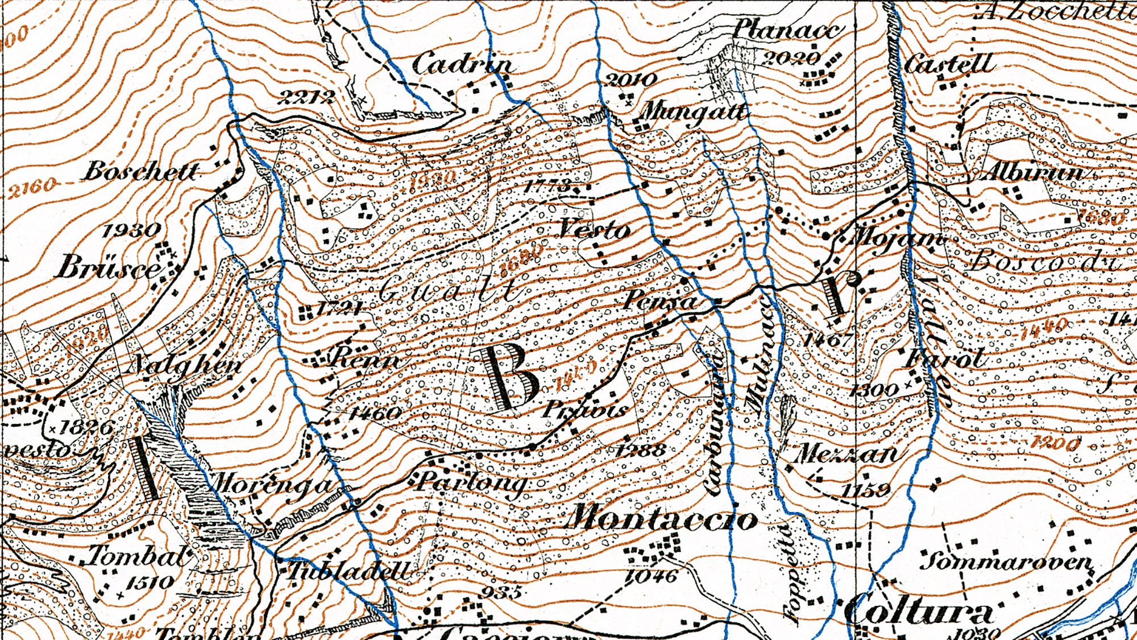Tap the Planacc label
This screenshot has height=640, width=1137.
786,28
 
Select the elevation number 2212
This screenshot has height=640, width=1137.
306,97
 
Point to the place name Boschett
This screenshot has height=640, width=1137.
142,171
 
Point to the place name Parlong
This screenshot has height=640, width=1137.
471,483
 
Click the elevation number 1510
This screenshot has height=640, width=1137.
149,582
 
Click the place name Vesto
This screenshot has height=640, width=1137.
595,230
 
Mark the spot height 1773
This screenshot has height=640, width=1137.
546,185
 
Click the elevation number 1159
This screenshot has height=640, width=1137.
865,490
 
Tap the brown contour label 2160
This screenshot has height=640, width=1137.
32,187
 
